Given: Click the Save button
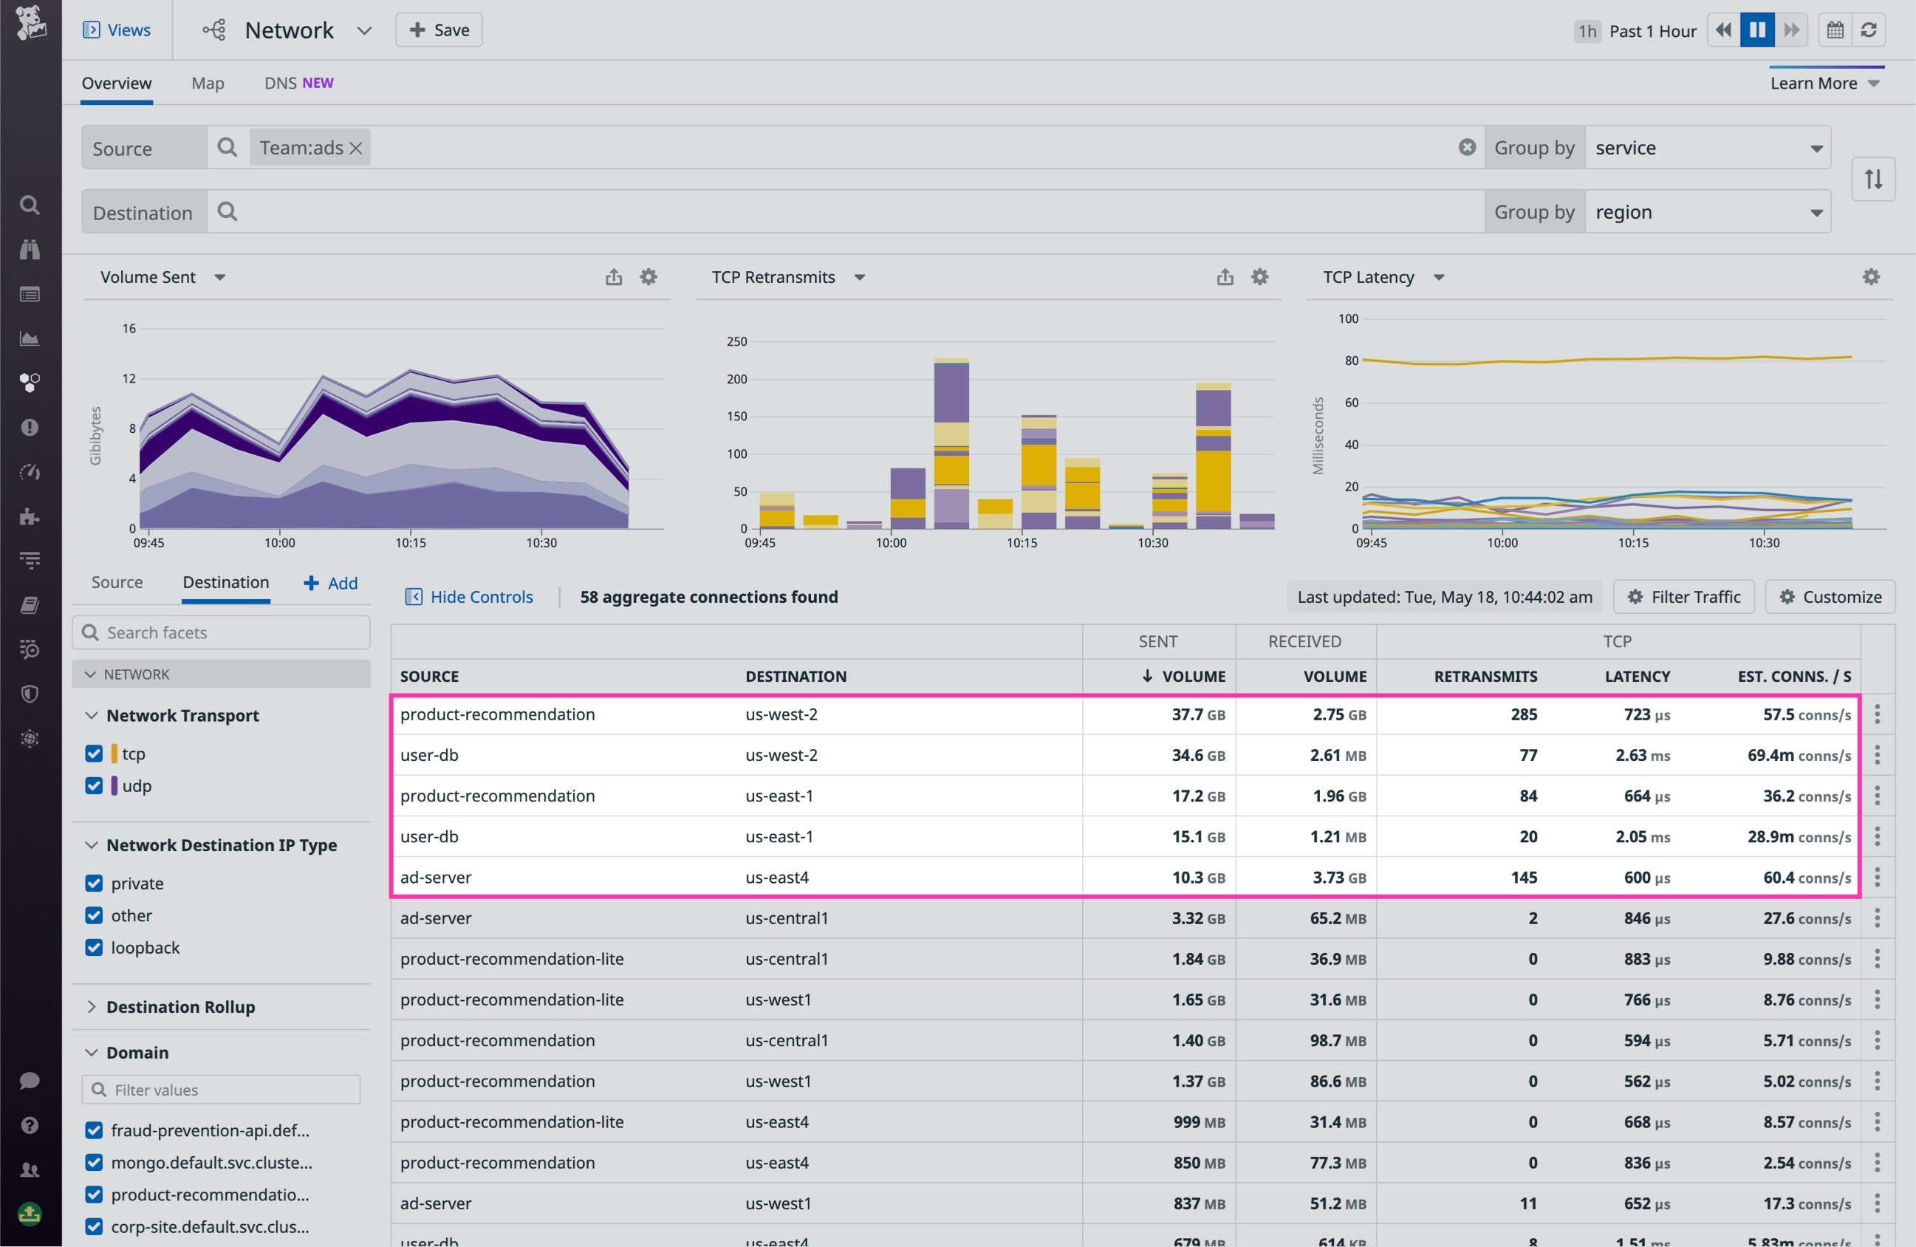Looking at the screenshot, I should click(x=439, y=30).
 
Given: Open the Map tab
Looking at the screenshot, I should click(x=208, y=83).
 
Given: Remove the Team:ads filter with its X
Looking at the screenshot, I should click(x=356, y=148).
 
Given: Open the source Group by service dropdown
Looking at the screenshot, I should click(x=1707, y=148).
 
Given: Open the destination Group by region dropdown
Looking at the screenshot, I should click(x=1707, y=213).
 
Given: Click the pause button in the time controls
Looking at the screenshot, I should click(x=1756, y=30).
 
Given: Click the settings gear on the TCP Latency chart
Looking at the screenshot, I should click(x=1870, y=277).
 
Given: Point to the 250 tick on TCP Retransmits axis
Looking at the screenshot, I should click(x=736, y=341).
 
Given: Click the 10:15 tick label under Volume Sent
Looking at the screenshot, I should click(x=411, y=542).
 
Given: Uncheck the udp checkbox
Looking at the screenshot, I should click(x=95, y=786).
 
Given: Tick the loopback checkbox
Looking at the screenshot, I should click(x=95, y=948).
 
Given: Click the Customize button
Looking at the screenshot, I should click(x=1830, y=596).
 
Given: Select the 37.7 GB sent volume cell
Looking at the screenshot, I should click(x=1197, y=714).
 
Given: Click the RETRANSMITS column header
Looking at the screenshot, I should click(x=1485, y=676).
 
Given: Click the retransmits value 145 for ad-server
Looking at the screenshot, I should click(x=1523, y=878).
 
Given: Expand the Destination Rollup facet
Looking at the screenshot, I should click(x=180, y=1006).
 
